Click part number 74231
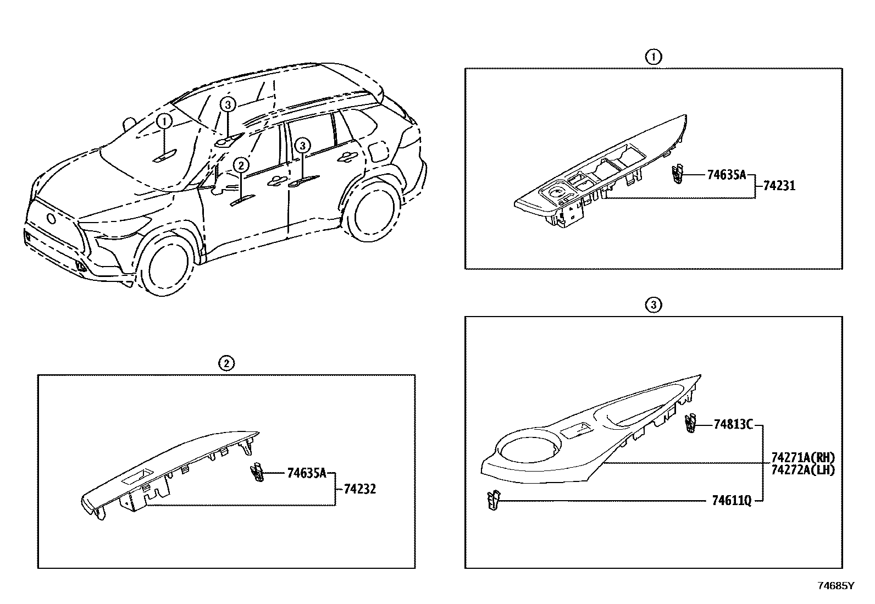(x=779, y=186)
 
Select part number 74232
(x=360, y=489)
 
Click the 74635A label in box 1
(x=726, y=175)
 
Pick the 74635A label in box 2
(x=307, y=473)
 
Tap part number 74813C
(x=733, y=424)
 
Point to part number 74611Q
(x=731, y=500)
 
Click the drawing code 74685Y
(x=836, y=585)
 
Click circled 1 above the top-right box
(x=653, y=56)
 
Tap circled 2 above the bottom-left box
(x=226, y=363)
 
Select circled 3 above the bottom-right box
(x=653, y=304)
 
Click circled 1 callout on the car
(x=164, y=121)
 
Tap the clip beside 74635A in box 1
(x=678, y=174)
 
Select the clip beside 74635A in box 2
(x=258, y=472)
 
